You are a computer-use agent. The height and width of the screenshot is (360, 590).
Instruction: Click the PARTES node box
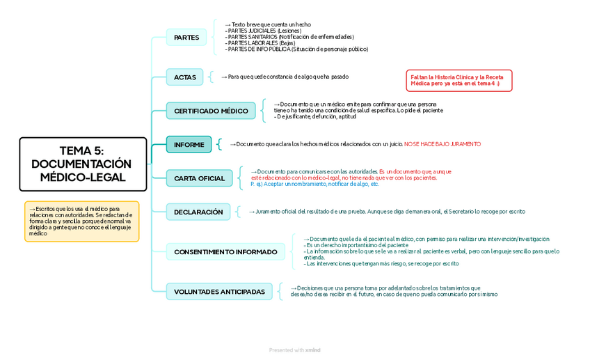coord(186,37)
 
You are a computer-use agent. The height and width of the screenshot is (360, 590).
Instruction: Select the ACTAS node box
coord(184,77)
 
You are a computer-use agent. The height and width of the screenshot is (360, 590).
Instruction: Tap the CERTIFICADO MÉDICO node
coord(211,111)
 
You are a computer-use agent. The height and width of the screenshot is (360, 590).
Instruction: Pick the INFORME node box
coord(189,144)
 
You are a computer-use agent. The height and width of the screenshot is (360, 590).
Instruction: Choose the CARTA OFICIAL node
coord(199,178)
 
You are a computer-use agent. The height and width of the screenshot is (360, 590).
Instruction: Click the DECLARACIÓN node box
coord(198,212)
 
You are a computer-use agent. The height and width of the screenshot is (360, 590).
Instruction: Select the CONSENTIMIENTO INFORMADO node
coord(225,251)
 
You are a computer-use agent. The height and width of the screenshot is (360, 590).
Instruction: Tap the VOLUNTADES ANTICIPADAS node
coord(219,292)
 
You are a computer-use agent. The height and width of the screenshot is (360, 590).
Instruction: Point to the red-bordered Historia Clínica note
coord(459,80)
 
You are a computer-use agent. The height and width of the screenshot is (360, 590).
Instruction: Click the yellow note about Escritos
coord(81,221)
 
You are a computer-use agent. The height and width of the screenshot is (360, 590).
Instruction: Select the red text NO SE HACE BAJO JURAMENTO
coord(442,144)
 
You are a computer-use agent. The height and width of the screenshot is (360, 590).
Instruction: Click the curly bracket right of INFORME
coord(219,144)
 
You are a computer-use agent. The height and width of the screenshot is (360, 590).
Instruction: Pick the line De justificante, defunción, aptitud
coord(310,116)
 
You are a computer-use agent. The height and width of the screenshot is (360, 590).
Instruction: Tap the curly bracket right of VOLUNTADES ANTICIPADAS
coord(280,291)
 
